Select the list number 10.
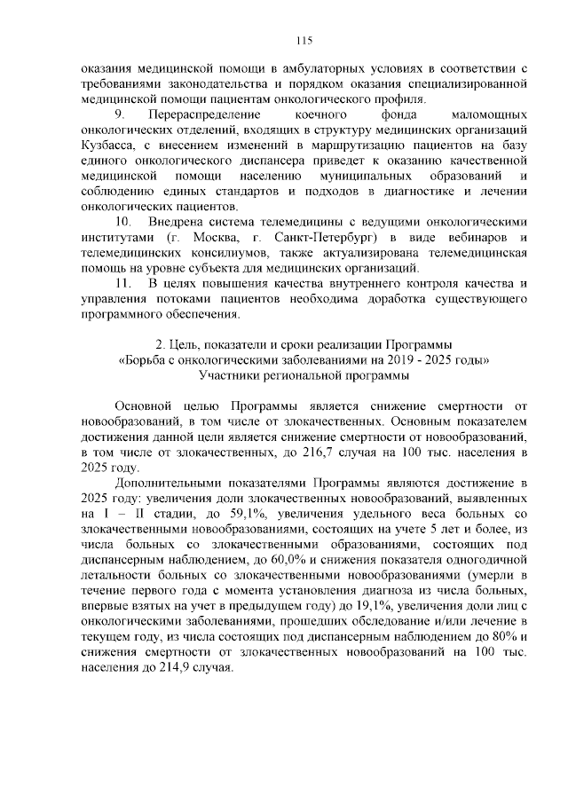pyautogui.click(x=123, y=220)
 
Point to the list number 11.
pyautogui.click(x=123, y=284)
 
